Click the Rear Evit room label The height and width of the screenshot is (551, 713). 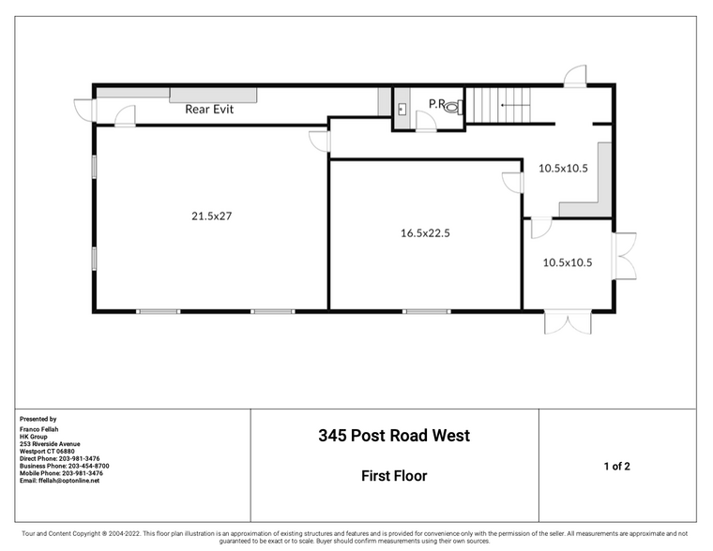[x=208, y=109]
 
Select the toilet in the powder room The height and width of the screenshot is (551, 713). [x=452, y=108]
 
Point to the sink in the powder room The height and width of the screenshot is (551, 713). [x=402, y=109]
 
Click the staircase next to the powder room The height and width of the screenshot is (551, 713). [x=499, y=104]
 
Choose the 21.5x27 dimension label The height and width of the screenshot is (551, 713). [x=211, y=216]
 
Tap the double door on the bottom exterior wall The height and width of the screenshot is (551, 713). [x=569, y=322]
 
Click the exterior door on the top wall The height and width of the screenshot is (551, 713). [x=575, y=76]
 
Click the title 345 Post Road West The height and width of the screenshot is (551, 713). [x=394, y=436]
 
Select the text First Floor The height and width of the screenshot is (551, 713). [x=394, y=476]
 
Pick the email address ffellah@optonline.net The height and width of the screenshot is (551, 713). [x=59, y=481]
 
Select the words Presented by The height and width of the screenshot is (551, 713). [x=38, y=420]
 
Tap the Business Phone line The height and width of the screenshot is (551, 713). [x=64, y=466]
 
